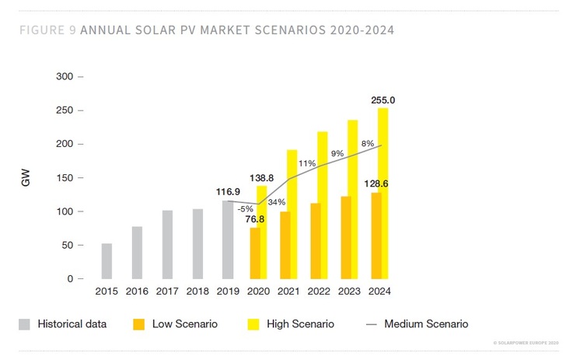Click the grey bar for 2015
pos(107,261)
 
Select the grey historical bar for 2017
pos(167,245)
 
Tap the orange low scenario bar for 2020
pos(254,253)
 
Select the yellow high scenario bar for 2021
pos(292,214)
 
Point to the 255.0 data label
pos(383,100)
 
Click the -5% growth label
pos(246,208)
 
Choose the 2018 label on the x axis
pos(197,292)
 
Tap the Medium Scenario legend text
pos(426,323)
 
